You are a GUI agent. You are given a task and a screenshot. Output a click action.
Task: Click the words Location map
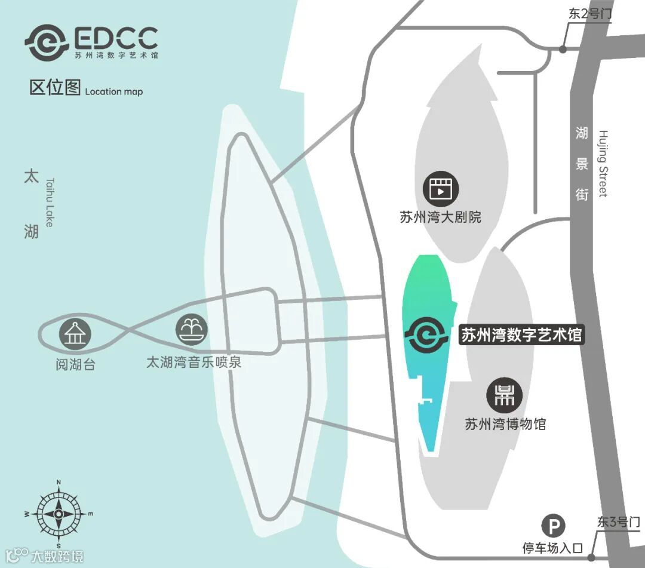click(x=113, y=91)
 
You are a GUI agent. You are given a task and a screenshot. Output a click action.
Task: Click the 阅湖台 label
click(x=75, y=364)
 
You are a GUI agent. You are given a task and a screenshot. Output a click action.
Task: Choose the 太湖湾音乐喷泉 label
click(x=194, y=362)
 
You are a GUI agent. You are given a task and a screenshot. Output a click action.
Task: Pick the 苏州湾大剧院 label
click(x=441, y=217)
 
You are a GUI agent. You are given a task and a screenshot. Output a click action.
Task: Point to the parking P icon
click(x=554, y=526)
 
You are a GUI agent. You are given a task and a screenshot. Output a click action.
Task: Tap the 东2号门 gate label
click(x=590, y=14)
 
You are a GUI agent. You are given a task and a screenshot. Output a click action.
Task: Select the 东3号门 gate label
click(x=619, y=522)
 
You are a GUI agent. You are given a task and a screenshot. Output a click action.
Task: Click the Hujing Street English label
click(x=603, y=164)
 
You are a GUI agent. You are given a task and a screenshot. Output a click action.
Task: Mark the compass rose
click(x=59, y=513)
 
